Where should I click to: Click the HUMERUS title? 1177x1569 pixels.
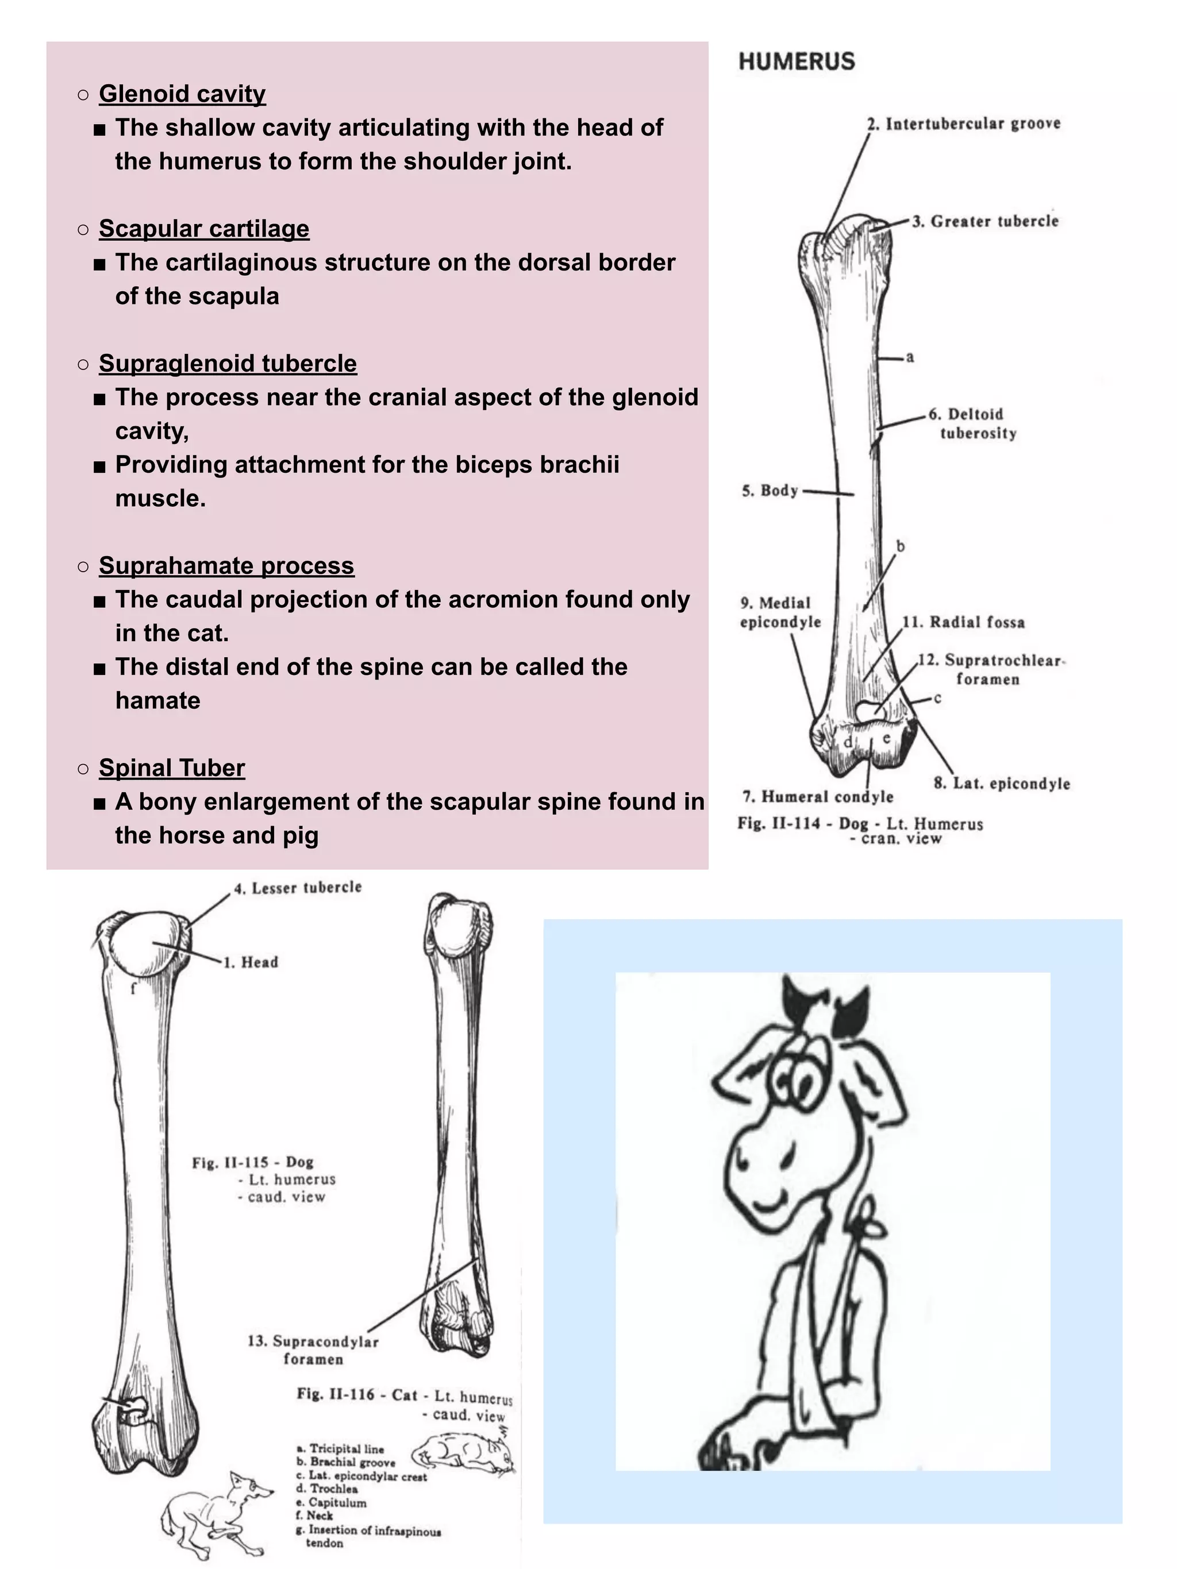[796, 61]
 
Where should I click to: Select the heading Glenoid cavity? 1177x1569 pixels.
[182, 94]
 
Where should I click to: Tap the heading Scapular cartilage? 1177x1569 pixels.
[203, 229]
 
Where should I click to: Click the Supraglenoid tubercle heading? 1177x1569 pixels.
[227, 363]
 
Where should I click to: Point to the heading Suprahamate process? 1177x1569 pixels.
[226, 565]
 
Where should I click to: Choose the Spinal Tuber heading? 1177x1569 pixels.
[172, 768]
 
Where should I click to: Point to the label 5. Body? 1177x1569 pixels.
[770, 490]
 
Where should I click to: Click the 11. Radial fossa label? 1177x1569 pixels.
[963, 622]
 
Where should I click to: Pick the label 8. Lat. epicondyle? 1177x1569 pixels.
[1001, 783]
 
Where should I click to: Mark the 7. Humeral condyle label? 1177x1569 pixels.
[817, 796]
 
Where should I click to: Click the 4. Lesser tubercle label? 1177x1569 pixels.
[298, 888]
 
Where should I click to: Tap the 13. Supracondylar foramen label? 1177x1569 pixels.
[313, 1350]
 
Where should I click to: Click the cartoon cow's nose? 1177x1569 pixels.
[759, 1161]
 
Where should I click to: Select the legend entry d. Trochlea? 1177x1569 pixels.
[327, 1489]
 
